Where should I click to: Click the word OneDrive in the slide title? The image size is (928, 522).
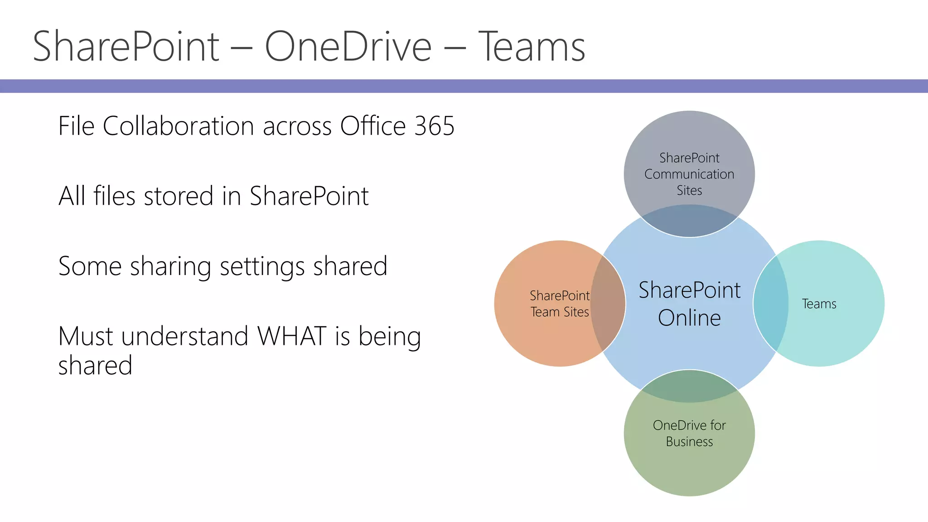coord(348,46)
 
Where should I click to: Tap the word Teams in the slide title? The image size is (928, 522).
coord(532,46)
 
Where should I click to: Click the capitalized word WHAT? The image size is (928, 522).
coord(292,336)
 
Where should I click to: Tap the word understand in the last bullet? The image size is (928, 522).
coord(185,336)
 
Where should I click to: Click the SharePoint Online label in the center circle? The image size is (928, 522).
coord(689,304)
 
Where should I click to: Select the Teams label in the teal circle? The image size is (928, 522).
coord(819,304)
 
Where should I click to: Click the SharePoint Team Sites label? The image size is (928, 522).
coord(560,304)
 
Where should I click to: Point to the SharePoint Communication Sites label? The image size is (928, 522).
coord(689,174)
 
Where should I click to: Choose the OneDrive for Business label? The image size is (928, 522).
coord(689,433)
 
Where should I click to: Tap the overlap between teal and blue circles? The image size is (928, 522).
coord(770,304)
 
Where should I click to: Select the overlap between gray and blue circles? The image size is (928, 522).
coord(689,221)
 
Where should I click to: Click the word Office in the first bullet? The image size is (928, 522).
coord(372,126)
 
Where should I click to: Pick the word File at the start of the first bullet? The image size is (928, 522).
coord(76,126)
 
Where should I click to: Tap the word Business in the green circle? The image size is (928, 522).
coord(689,442)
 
